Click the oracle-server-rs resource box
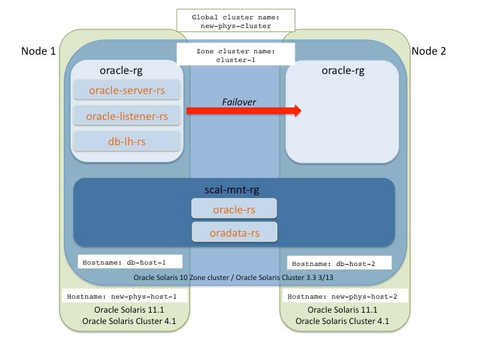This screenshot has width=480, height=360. [x=126, y=89]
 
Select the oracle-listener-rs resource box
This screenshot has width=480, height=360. [x=126, y=116]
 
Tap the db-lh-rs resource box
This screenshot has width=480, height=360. [x=126, y=141]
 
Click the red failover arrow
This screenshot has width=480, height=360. [x=243, y=111]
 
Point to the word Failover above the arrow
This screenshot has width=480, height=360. [x=239, y=101]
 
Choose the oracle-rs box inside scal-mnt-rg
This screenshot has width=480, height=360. [x=235, y=209]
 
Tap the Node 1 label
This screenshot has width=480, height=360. [x=38, y=51]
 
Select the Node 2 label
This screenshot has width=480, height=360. [x=431, y=51]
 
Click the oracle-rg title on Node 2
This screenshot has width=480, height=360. [x=342, y=69]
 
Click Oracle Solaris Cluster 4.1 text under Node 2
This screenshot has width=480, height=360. [x=342, y=323]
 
